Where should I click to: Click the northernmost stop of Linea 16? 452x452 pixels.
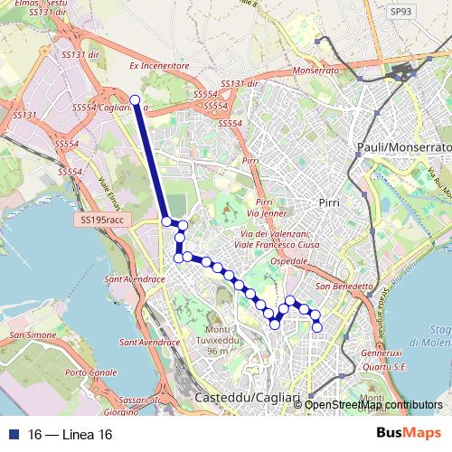click(135, 100)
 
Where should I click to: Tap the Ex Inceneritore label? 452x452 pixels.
click(158, 66)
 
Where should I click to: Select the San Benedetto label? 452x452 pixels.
click(346, 287)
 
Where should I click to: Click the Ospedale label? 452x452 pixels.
click(297, 260)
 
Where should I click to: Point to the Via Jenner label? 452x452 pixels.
click(271, 213)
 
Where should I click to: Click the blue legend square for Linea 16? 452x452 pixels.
click(12, 435)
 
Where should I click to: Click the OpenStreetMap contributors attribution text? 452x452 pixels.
click(373, 404)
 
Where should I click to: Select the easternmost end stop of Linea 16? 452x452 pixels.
click(317, 326)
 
